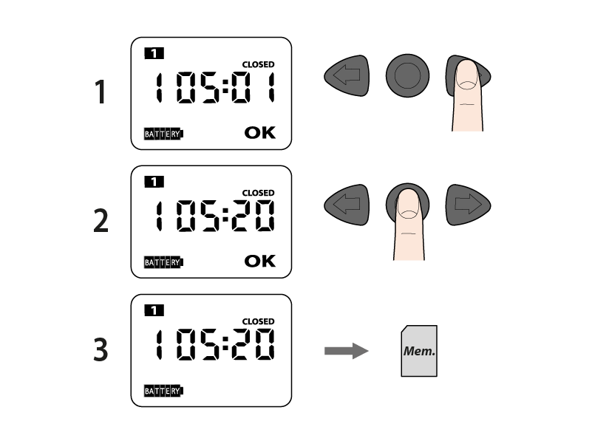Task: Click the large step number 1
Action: pyautogui.click(x=101, y=92)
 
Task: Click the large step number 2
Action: pyautogui.click(x=101, y=220)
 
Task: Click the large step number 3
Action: pyautogui.click(x=101, y=349)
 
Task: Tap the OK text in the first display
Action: pyautogui.click(x=259, y=132)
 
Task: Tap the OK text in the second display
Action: pyautogui.click(x=259, y=261)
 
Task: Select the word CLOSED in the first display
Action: pyautogui.click(x=258, y=64)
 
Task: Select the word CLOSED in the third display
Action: pyautogui.click(x=258, y=321)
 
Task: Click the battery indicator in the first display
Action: pyautogui.click(x=163, y=134)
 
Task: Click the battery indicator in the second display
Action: pyautogui.click(x=163, y=262)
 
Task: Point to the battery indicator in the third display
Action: pyautogui.click(x=163, y=391)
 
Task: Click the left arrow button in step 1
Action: pyautogui.click(x=347, y=75)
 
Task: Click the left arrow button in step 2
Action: pyautogui.click(x=347, y=205)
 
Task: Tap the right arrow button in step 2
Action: pyautogui.click(x=468, y=205)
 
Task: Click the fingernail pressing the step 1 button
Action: pyautogui.click(x=467, y=75)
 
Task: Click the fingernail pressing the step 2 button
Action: pyautogui.click(x=408, y=204)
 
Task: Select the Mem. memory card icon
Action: pyautogui.click(x=419, y=351)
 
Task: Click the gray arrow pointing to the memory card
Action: pyautogui.click(x=346, y=351)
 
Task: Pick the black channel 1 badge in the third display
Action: pyautogui.click(x=154, y=310)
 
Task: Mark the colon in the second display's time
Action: pyautogui.click(x=225, y=215)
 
